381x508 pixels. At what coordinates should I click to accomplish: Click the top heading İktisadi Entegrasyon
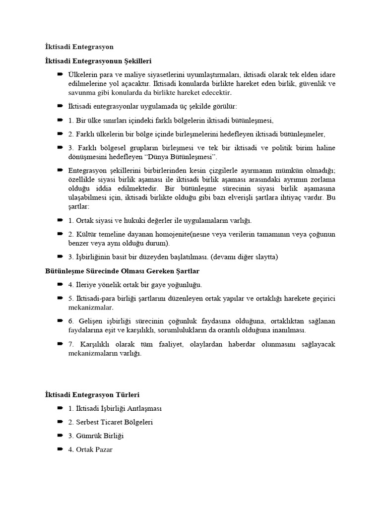[x=79, y=47]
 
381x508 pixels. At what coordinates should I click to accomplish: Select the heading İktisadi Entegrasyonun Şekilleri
[x=98, y=61]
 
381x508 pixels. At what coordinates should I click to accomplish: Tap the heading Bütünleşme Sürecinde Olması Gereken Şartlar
[x=119, y=271]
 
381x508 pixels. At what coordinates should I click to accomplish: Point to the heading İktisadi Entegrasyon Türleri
[x=92, y=395]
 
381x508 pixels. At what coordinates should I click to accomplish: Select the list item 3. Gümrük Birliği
[x=96, y=436]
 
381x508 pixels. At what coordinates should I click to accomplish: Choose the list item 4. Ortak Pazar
[x=91, y=449]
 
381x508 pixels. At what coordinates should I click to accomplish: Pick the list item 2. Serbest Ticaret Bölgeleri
[x=111, y=422]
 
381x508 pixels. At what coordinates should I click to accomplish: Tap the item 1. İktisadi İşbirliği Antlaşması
[x=115, y=408]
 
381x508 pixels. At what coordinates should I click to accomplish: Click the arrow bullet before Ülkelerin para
[x=60, y=74]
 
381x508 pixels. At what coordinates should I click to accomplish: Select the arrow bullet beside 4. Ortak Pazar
[x=60, y=449]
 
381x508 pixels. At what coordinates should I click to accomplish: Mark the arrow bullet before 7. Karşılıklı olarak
[x=60, y=344]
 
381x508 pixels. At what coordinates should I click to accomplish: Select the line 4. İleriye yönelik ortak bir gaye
[x=135, y=285]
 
